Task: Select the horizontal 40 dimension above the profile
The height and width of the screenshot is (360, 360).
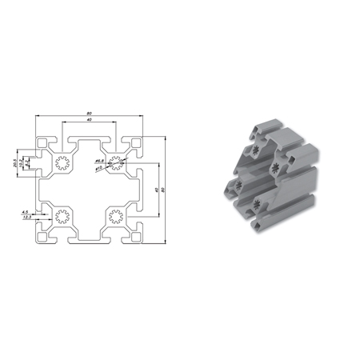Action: [88, 122]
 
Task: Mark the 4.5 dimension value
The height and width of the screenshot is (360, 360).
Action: [26, 212]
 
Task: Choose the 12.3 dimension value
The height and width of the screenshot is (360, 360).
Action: [27, 218]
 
